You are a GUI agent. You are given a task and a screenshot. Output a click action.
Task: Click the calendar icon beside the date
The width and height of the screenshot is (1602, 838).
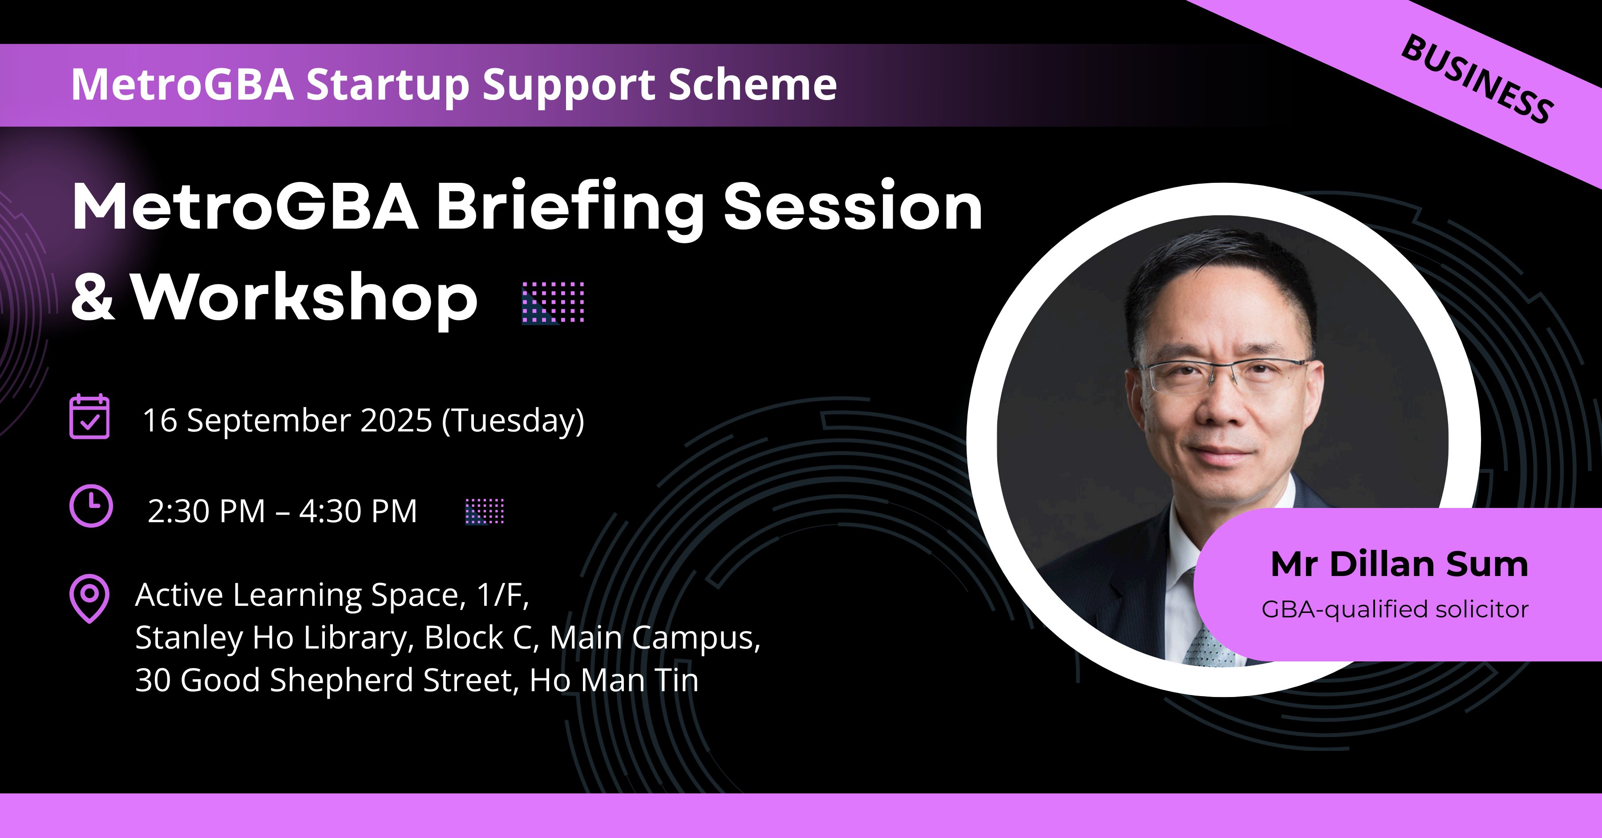coord(89,416)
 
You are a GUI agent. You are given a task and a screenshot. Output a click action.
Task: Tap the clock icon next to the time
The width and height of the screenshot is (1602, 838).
coord(91,506)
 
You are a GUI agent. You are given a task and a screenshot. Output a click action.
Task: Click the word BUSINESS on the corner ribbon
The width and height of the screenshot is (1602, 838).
coord(1477,79)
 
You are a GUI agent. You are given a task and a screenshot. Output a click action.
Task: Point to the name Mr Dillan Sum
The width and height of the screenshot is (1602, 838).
coord(1399,564)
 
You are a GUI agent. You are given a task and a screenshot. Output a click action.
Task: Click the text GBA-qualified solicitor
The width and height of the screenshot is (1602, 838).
coord(1395,609)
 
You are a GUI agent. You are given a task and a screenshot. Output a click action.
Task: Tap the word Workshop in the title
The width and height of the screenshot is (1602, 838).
coord(305,298)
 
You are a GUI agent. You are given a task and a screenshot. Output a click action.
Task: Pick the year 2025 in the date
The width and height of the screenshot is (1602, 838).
coord(396,420)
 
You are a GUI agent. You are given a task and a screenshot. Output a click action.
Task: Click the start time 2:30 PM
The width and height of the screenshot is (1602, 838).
coord(206,512)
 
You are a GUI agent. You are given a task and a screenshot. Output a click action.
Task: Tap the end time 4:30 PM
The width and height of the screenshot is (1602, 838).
coord(358,512)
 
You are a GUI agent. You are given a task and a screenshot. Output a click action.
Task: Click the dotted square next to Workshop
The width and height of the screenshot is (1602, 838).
coord(553,303)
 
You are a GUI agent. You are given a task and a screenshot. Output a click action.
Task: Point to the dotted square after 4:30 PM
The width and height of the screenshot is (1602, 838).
coord(485,511)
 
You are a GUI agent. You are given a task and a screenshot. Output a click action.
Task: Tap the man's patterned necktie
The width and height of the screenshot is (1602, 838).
coord(1210,647)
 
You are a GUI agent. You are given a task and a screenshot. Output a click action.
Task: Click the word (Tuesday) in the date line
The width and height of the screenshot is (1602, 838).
coord(513,421)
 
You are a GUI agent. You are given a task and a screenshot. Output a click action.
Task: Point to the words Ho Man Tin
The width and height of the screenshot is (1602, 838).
coord(614,680)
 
